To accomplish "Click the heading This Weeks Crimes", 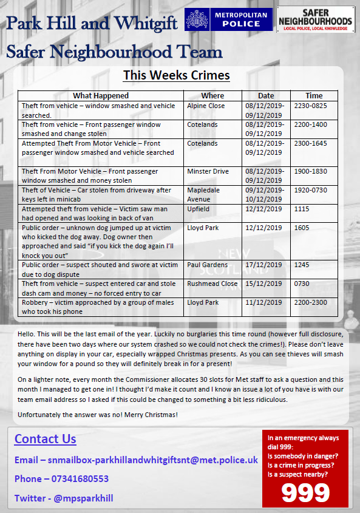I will coord(176,75).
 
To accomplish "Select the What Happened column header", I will coord(101,95).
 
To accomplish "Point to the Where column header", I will coord(212,95).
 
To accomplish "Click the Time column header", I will coord(314,95).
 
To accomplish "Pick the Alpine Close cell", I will coord(206,106).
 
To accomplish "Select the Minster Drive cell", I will coord(208,171).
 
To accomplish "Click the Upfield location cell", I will coord(198,209).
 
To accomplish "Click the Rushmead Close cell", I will coord(212,284).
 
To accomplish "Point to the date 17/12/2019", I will coord(265,265).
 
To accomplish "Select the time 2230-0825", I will coord(310,106).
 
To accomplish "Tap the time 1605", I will coord(302,228).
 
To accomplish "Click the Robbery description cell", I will coord(100,307).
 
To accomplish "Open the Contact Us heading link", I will coord(46,439).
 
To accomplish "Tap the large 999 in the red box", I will coord(305,492).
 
